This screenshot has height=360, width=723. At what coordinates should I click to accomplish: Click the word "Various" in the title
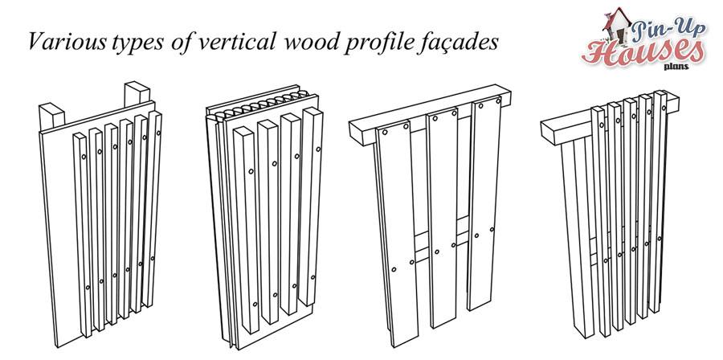click(x=67, y=42)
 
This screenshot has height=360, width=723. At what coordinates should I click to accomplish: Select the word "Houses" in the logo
click(x=643, y=51)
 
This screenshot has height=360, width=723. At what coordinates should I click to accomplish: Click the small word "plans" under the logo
click(x=676, y=67)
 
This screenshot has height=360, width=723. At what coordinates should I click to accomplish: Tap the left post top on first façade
click(x=51, y=111)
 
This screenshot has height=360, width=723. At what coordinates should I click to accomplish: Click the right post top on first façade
click(x=137, y=88)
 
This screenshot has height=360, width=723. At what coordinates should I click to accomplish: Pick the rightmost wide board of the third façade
click(x=485, y=202)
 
